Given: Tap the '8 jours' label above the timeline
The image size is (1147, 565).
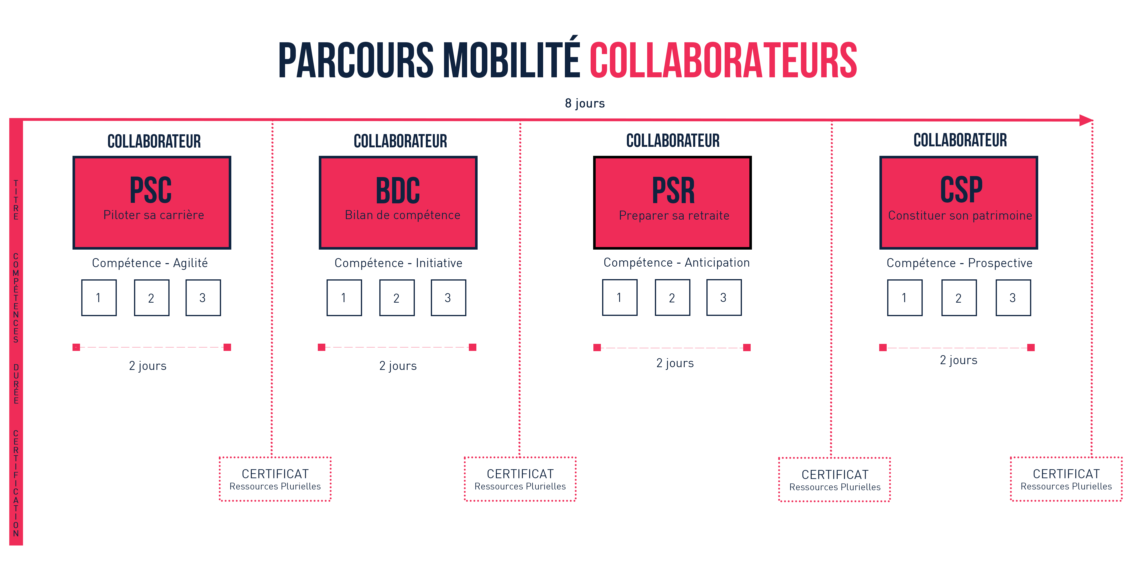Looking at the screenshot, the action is pos(585,103).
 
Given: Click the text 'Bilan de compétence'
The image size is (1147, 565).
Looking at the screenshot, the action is pos(403,215).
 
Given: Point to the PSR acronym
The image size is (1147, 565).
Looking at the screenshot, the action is pos(673,190).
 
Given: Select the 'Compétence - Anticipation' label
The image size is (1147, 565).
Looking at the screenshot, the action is pos(676,263).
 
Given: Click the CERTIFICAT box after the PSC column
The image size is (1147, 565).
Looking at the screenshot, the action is pos(275,479).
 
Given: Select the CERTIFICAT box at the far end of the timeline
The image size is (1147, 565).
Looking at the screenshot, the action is pos(1066,479).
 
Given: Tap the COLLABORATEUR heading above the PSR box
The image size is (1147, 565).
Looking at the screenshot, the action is pos(673,141).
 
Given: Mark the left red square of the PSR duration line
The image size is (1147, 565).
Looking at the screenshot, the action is pos(597,347).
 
